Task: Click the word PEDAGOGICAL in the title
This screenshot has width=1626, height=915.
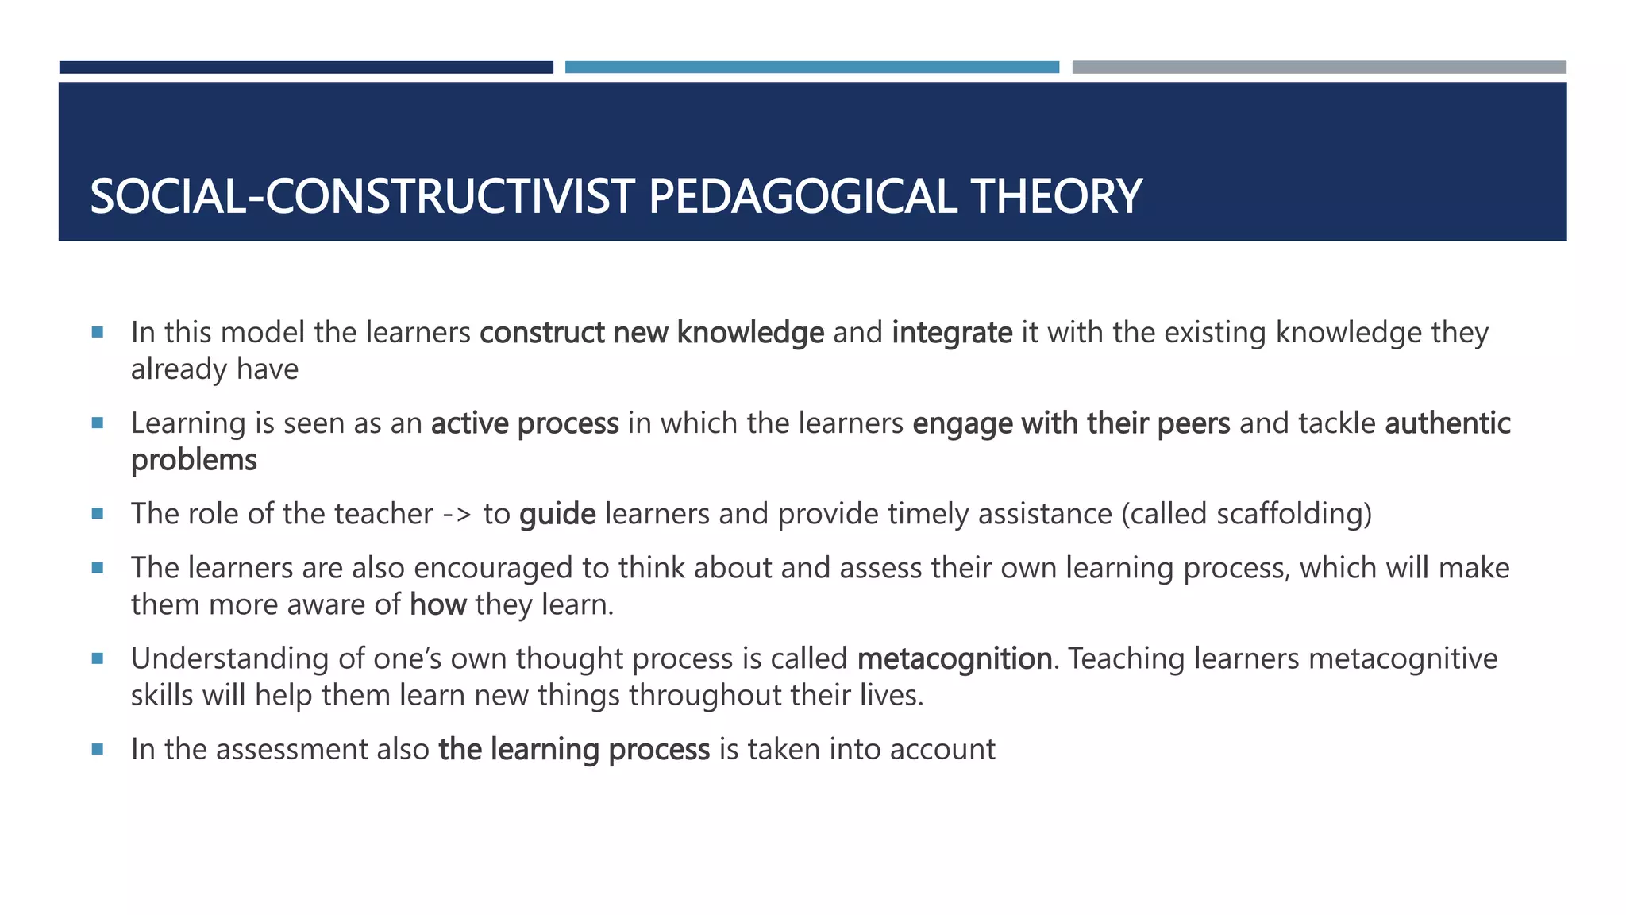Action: click(803, 196)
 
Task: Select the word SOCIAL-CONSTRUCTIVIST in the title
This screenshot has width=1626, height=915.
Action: click(363, 196)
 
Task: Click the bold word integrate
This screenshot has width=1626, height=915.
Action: click(952, 333)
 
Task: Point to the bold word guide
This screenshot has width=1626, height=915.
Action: click(557, 514)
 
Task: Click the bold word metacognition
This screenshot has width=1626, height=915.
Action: click(955, 658)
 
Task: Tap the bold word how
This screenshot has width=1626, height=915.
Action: click(437, 605)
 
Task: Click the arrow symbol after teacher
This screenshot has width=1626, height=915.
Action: click(457, 515)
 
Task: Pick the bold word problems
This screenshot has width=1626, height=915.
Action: click(194, 461)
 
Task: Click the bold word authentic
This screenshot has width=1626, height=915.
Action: click(1447, 423)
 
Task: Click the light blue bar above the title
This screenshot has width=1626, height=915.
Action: click(811, 68)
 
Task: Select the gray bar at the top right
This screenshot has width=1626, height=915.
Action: click(1319, 68)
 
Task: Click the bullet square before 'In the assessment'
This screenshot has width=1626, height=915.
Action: click(98, 749)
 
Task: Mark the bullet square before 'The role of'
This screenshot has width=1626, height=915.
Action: click(98, 514)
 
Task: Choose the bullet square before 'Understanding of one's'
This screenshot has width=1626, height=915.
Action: click(98, 658)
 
